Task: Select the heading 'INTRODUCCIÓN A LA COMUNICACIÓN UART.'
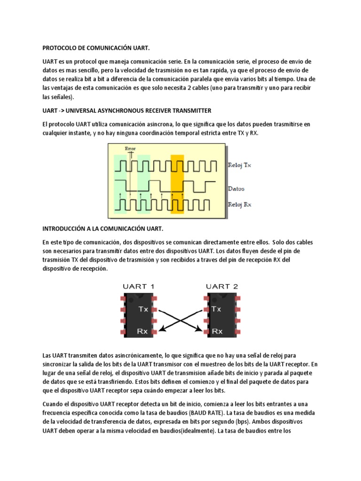(x=102, y=229)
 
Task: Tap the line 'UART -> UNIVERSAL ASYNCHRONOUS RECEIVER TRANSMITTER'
(x=127, y=110)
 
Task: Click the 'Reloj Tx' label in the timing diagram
(x=240, y=166)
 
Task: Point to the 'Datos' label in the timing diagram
(x=236, y=189)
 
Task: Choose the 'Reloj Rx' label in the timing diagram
(x=240, y=204)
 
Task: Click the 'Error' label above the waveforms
(x=130, y=148)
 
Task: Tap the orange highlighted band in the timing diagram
(x=177, y=184)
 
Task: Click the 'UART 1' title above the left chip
(x=138, y=286)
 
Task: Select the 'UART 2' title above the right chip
(x=222, y=286)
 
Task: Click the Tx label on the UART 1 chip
(x=143, y=310)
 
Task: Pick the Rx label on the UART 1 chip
(x=142, y=331)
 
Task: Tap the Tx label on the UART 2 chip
(x=217, y=310)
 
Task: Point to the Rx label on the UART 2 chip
(x=217, y=331)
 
